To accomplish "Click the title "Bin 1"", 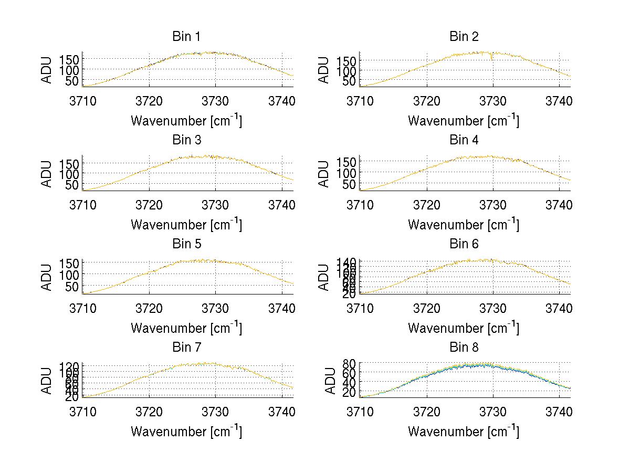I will tap(186, 37).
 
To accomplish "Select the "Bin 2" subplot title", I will tap(464, 37).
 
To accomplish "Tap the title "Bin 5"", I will tap(186, 244).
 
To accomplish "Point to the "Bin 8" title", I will tap(464, 348).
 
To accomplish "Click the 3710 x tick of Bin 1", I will tap(83, 101).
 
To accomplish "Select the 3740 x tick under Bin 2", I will tap(559, 101).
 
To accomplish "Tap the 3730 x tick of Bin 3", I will tap(215, 204).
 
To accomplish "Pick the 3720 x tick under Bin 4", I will tap(426, 204).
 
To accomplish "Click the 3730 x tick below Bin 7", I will tap(215, 412).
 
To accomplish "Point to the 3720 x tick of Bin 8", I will tap(426, 412).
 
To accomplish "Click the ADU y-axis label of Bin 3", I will tap(47, 173).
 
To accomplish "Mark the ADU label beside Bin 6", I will tap(324, 277).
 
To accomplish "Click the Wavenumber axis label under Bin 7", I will tap(186, 432).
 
